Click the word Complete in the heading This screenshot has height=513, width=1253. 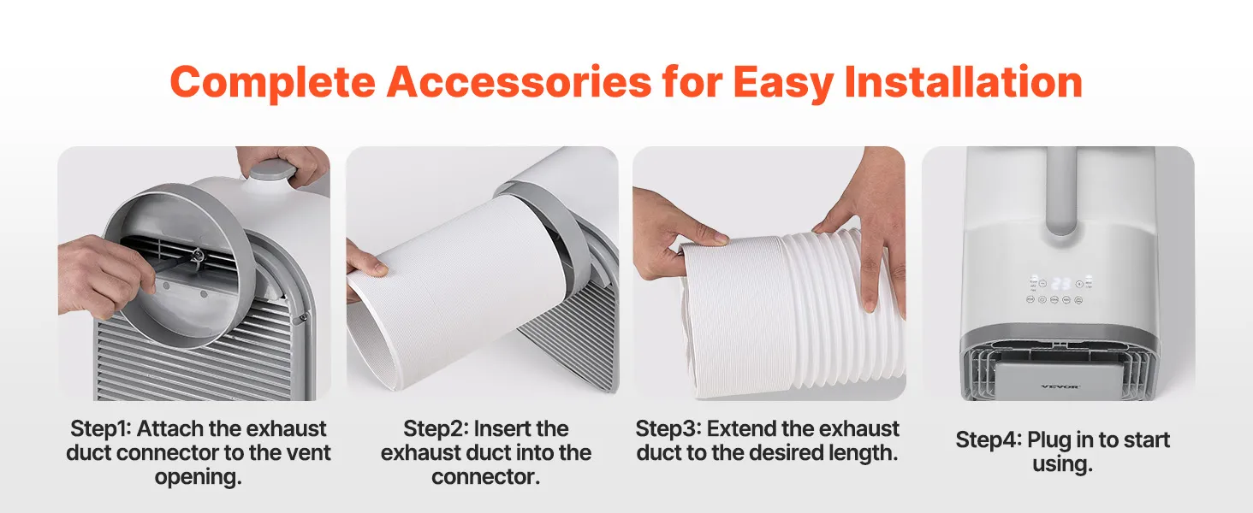[272, 82]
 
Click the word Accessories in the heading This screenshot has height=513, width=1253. [519, 81]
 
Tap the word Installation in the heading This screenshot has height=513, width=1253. [963, 81]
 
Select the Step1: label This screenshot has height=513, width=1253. [100, 429]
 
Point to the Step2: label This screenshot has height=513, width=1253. [435, 429]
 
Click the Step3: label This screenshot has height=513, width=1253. [668, 429]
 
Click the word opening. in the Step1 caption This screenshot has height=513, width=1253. [198, 477]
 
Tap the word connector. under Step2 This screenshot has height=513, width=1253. [485, 477]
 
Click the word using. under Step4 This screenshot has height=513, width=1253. [1062, 464]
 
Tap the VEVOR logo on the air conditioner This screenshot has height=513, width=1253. [1060, 386]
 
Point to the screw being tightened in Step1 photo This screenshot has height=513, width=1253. [198, 256]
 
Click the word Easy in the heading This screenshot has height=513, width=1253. [784, 83]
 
